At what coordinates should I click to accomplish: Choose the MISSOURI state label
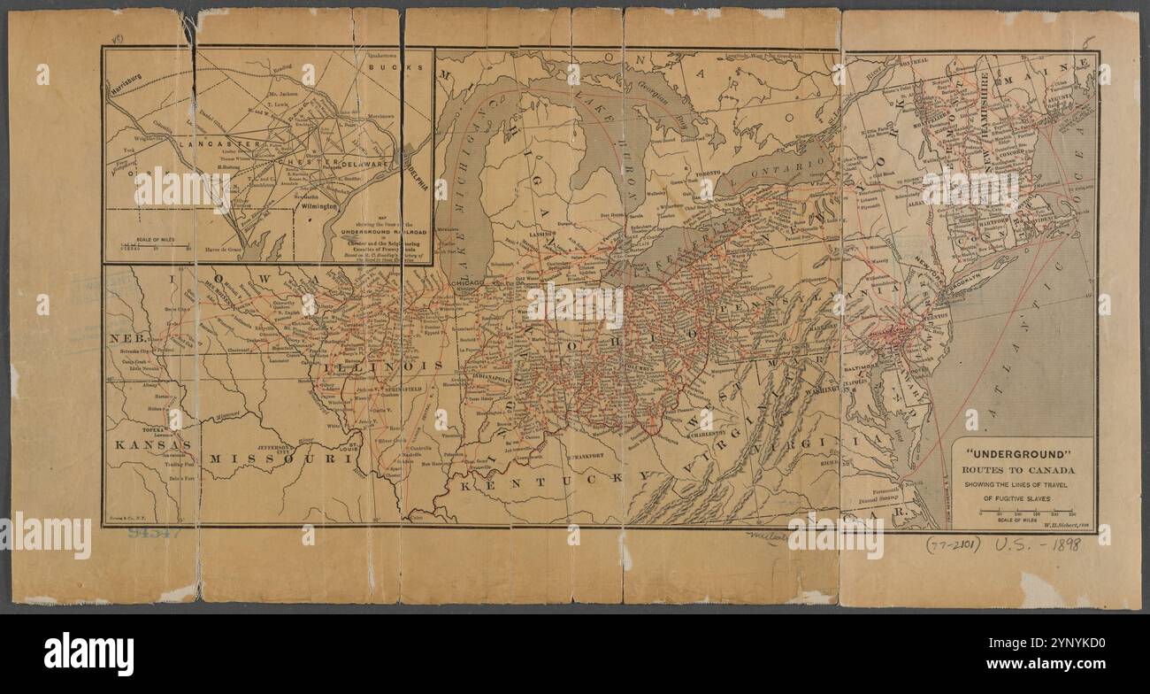275,459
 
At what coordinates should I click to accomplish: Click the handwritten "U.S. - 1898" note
1041,544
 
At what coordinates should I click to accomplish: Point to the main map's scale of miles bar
1023,513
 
